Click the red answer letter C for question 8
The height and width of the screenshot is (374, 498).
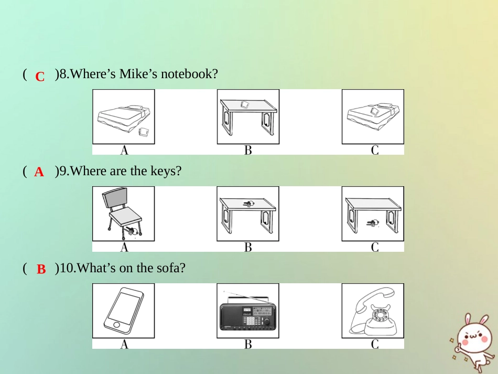[40, 77]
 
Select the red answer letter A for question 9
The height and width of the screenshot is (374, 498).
[39, 172]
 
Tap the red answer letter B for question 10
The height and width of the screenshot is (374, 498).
[41, 269]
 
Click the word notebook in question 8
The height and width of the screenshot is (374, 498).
[189, 74]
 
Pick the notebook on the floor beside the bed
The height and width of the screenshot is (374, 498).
[144, 132]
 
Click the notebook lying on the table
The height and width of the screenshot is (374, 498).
[245, 104]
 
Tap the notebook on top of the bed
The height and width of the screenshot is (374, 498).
[374, 111]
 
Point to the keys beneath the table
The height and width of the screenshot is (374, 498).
[373, 223]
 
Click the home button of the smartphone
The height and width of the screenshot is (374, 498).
[116, 324]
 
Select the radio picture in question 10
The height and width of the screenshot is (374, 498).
[248, 311]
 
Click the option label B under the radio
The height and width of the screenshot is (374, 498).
[248, 344]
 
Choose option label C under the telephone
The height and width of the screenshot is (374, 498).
[375, 344]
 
